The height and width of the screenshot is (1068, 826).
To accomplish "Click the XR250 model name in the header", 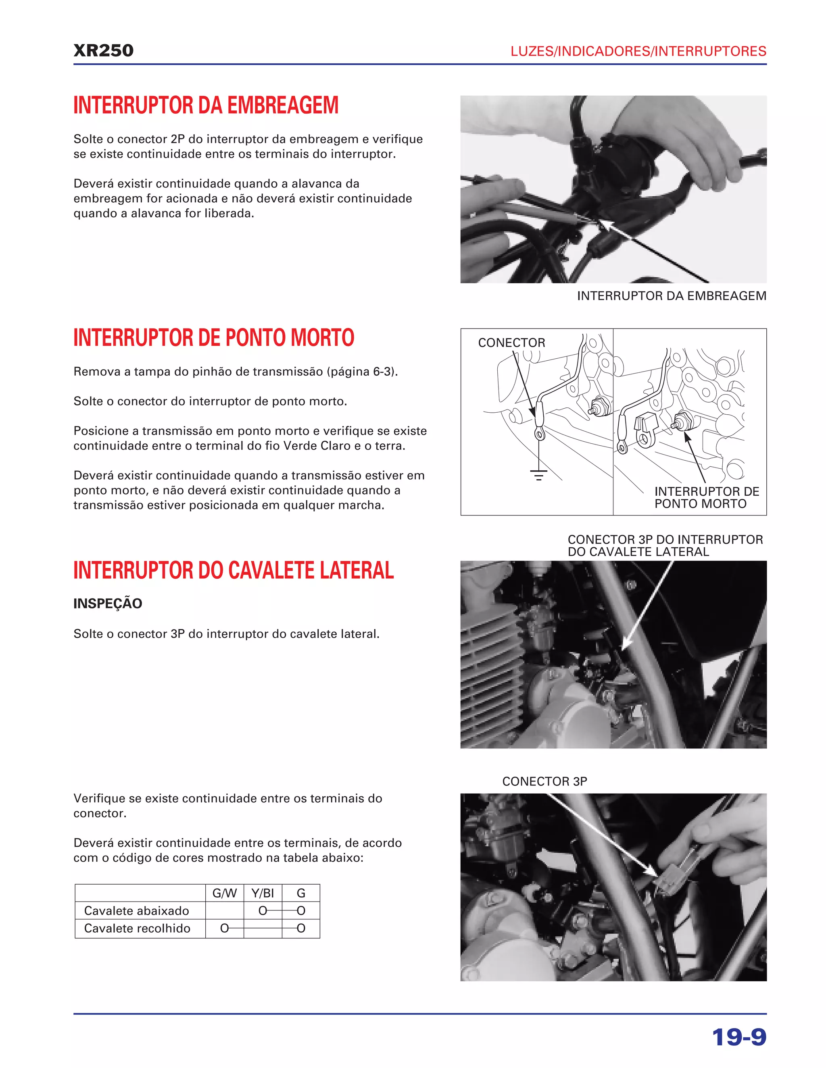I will click(103, 50).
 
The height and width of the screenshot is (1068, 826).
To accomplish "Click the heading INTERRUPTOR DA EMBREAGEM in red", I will click(206, 105).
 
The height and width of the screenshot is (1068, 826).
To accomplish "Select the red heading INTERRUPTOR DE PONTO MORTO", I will click(213, 337).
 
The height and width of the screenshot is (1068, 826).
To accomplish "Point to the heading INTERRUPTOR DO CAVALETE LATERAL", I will click(234, 570).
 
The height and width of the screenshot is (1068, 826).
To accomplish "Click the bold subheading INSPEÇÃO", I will click(108, 603).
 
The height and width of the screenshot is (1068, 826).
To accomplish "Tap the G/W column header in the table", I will click(224, 893).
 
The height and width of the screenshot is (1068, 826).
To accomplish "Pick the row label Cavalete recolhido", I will click(137, 929).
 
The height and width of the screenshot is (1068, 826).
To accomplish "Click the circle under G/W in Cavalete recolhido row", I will click(224, 929).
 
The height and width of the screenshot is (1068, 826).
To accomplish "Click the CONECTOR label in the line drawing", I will click(511, 343).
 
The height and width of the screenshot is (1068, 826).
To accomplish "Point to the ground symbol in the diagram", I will click(539, 474).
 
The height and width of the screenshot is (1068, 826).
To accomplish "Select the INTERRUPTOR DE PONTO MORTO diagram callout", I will click(706, 497).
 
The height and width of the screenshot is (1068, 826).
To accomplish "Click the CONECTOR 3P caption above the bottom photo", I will click(544, 781).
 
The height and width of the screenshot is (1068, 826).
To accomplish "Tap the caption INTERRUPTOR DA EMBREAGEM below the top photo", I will click(672, 296).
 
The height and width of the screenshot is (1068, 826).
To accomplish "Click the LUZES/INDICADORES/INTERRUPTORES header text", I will click(638, 51).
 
